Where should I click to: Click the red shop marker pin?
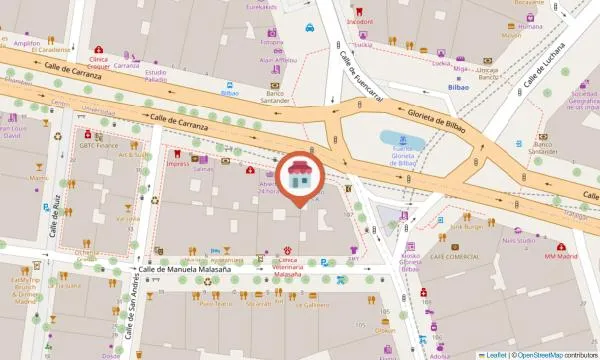point(300,176)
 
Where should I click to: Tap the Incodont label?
point(360,20)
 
